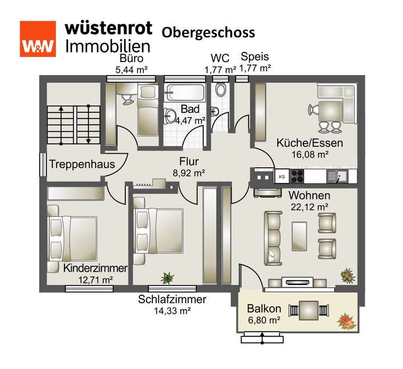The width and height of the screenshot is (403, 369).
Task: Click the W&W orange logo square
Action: pyautogui.click(x=38, y=39)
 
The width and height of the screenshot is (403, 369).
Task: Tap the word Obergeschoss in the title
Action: pyautogui.click(x=208, y=32)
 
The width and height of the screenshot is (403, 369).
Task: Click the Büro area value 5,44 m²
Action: pyautogui.click(x=132, y=70)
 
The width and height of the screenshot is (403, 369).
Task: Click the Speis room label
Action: pyautogui.click(x=255, y=57)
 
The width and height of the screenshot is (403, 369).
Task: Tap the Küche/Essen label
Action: pyautogui.click(x=310, y=143)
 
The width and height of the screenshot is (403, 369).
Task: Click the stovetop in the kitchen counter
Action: pyautogui.click(x=296, y=176)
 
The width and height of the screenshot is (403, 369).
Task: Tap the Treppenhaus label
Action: pyautogui.click(x=81, y=164)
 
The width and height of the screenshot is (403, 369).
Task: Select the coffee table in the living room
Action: pyautogui.click(x=299, y=235)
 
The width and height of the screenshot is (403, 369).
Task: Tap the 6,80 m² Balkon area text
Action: pyautogui.click(x=264, y=320)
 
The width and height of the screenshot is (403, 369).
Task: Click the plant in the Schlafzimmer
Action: pyautogui.click(x=167, y=277)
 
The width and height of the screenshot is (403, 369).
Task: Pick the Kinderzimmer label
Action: pyautogui.click(x=95, y=268)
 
